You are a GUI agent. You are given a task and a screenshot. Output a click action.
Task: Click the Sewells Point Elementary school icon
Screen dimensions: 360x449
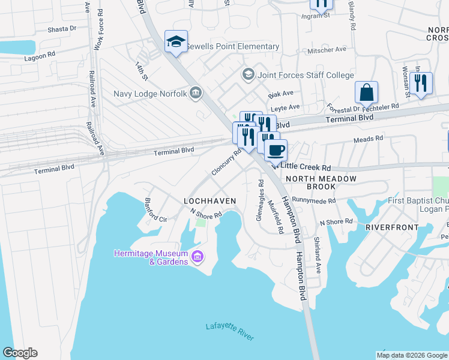pos(176,41)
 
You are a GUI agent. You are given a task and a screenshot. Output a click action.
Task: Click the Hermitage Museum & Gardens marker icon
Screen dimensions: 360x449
pos(197,258)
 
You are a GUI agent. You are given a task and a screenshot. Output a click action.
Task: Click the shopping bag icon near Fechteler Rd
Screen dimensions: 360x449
pos(366,93)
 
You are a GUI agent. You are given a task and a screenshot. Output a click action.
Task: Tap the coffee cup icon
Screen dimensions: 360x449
pos(276,150)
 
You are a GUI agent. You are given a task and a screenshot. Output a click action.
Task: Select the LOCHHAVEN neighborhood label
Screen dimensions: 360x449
pos(209,200)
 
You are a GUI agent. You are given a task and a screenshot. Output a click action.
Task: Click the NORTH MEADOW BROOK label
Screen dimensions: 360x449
pos(321,183)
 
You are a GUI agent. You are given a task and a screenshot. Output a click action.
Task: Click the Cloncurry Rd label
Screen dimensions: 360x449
pos(226,162)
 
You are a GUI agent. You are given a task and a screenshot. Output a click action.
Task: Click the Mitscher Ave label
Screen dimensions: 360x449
pos(327,49)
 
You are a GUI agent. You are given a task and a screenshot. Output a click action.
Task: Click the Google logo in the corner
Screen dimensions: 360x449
pos(20,353)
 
